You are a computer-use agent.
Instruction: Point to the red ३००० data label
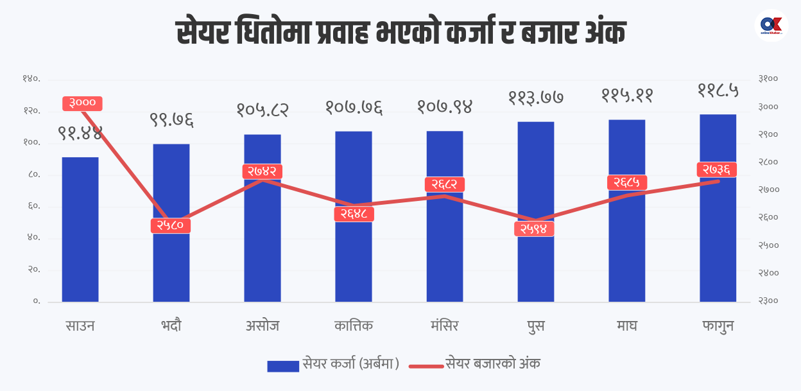coord(83,103)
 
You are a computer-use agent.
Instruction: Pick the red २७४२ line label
coord(263,171)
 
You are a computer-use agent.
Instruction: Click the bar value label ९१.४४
coord(80,134)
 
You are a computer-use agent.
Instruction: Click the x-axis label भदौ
coord(171,326)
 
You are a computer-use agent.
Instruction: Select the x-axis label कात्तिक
coord(353,326)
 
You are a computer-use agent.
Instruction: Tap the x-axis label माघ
coord(626,326)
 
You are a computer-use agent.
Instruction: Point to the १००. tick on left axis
coord(31,143)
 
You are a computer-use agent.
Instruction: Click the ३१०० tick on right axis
coord(768,79)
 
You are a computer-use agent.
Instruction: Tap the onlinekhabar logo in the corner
coord(771,25)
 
